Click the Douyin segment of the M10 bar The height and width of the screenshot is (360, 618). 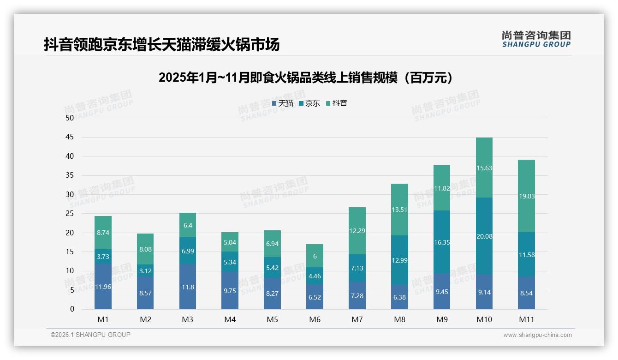coord(484,168)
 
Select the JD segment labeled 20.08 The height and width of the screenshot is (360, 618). coord(484,236)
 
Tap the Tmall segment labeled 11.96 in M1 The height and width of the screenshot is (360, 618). coord(103,287)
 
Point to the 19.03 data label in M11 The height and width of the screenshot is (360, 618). coord(526,196)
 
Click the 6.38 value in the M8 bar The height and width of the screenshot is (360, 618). coord(399,297)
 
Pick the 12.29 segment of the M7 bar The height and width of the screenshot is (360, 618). coord(357,231)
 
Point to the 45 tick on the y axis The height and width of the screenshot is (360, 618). coord(70,137)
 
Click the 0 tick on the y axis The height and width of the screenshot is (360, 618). coord(72,309)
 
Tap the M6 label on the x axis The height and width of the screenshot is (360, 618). coord(315,319)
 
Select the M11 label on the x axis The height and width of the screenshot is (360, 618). coord(526,319)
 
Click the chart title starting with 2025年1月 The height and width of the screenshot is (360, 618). coord(306,78)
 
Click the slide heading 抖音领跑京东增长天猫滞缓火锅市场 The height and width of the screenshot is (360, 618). coord(161,45)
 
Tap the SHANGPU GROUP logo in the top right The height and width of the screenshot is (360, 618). coord(536,39)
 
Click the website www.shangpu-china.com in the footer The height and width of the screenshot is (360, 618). coord(537,335)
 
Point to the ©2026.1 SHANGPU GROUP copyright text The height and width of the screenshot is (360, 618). coord(90,335)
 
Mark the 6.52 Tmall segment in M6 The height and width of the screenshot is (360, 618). coord(315,297)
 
